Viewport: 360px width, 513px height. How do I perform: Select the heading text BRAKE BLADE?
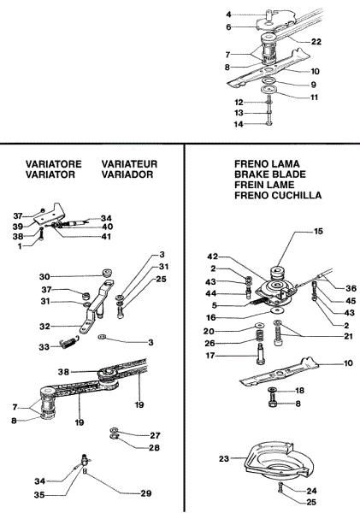click(263, 173)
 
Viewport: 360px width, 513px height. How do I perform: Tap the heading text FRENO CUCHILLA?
click(277, 196)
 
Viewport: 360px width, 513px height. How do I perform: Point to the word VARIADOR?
click(127, 174)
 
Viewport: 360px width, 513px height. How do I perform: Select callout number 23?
click(223, 459)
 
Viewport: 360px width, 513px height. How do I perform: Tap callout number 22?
click(317, 42)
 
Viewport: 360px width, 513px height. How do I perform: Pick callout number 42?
click(213, 256)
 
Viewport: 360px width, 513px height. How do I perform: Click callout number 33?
click(44, 346)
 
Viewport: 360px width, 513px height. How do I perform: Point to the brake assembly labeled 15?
click(278, 283)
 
